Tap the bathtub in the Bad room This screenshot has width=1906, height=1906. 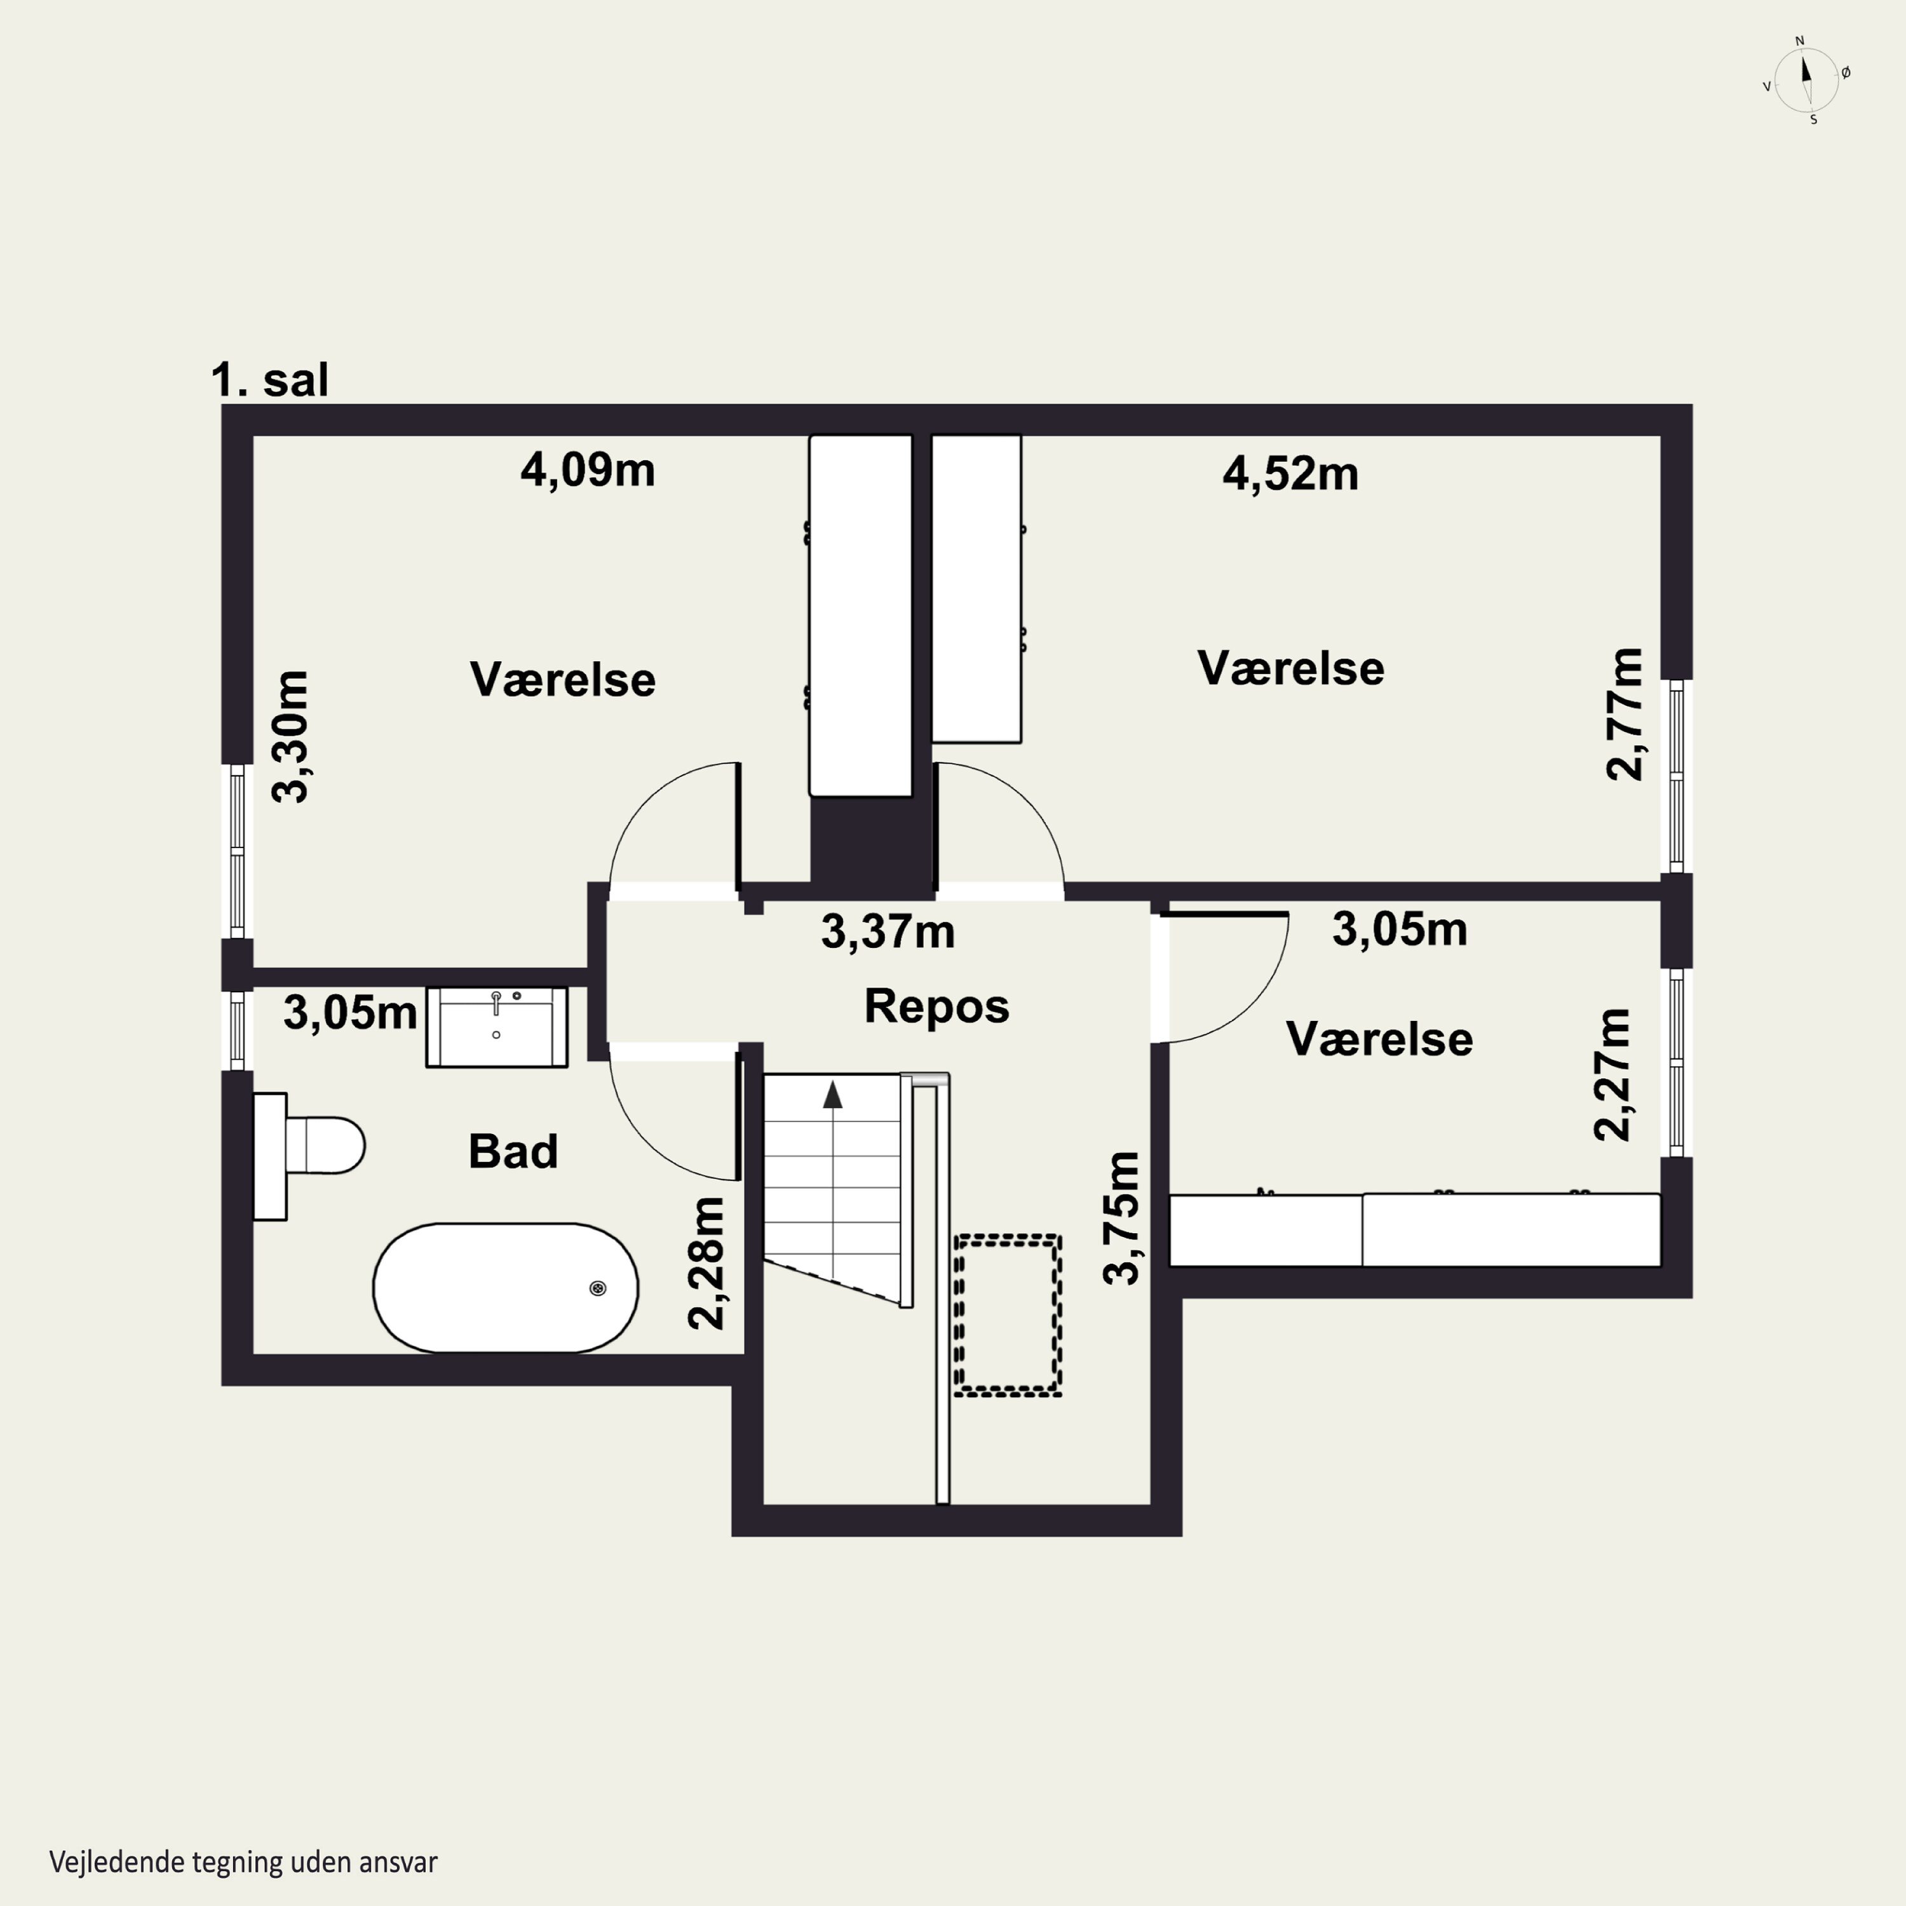pos(505,1287)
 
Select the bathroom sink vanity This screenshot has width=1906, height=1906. pos(496,1027)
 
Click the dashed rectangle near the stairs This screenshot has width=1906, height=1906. pos(1007,1315)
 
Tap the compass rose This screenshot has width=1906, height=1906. pos(1806,80)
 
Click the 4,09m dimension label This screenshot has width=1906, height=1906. pos(588,471)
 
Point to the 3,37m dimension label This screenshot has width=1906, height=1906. pos(888,932)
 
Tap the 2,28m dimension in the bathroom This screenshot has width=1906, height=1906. pos(706,1263)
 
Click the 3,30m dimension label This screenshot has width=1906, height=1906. pos(290,737)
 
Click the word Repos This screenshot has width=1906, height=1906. pos(937,1007)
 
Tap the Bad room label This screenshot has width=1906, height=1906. pos(513,1151)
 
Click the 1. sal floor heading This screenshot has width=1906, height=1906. pos(269,380)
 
